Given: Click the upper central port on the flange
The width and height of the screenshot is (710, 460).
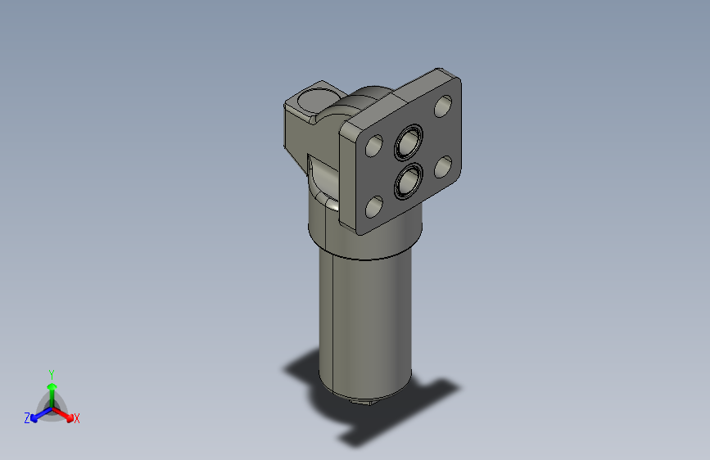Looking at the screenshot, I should point(407,143).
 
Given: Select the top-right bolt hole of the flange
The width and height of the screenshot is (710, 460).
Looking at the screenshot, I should point(442,106).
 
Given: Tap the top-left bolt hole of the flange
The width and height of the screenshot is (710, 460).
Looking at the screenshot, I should point(373,147).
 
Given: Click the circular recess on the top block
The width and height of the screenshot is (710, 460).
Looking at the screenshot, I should point(312,102).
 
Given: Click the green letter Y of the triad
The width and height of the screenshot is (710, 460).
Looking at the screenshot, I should point(52,373).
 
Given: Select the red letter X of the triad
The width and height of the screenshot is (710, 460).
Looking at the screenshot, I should point(77,419).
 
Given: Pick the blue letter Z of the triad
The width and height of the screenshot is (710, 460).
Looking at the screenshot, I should point(27,418).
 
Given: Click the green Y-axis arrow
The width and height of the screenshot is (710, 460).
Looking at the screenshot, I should point(52,390).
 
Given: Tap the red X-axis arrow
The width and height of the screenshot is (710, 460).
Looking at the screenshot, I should point(66,414).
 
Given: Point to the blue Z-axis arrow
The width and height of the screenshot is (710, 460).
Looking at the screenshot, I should point(38,414).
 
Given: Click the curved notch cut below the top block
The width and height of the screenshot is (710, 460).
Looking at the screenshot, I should point(321,176).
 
